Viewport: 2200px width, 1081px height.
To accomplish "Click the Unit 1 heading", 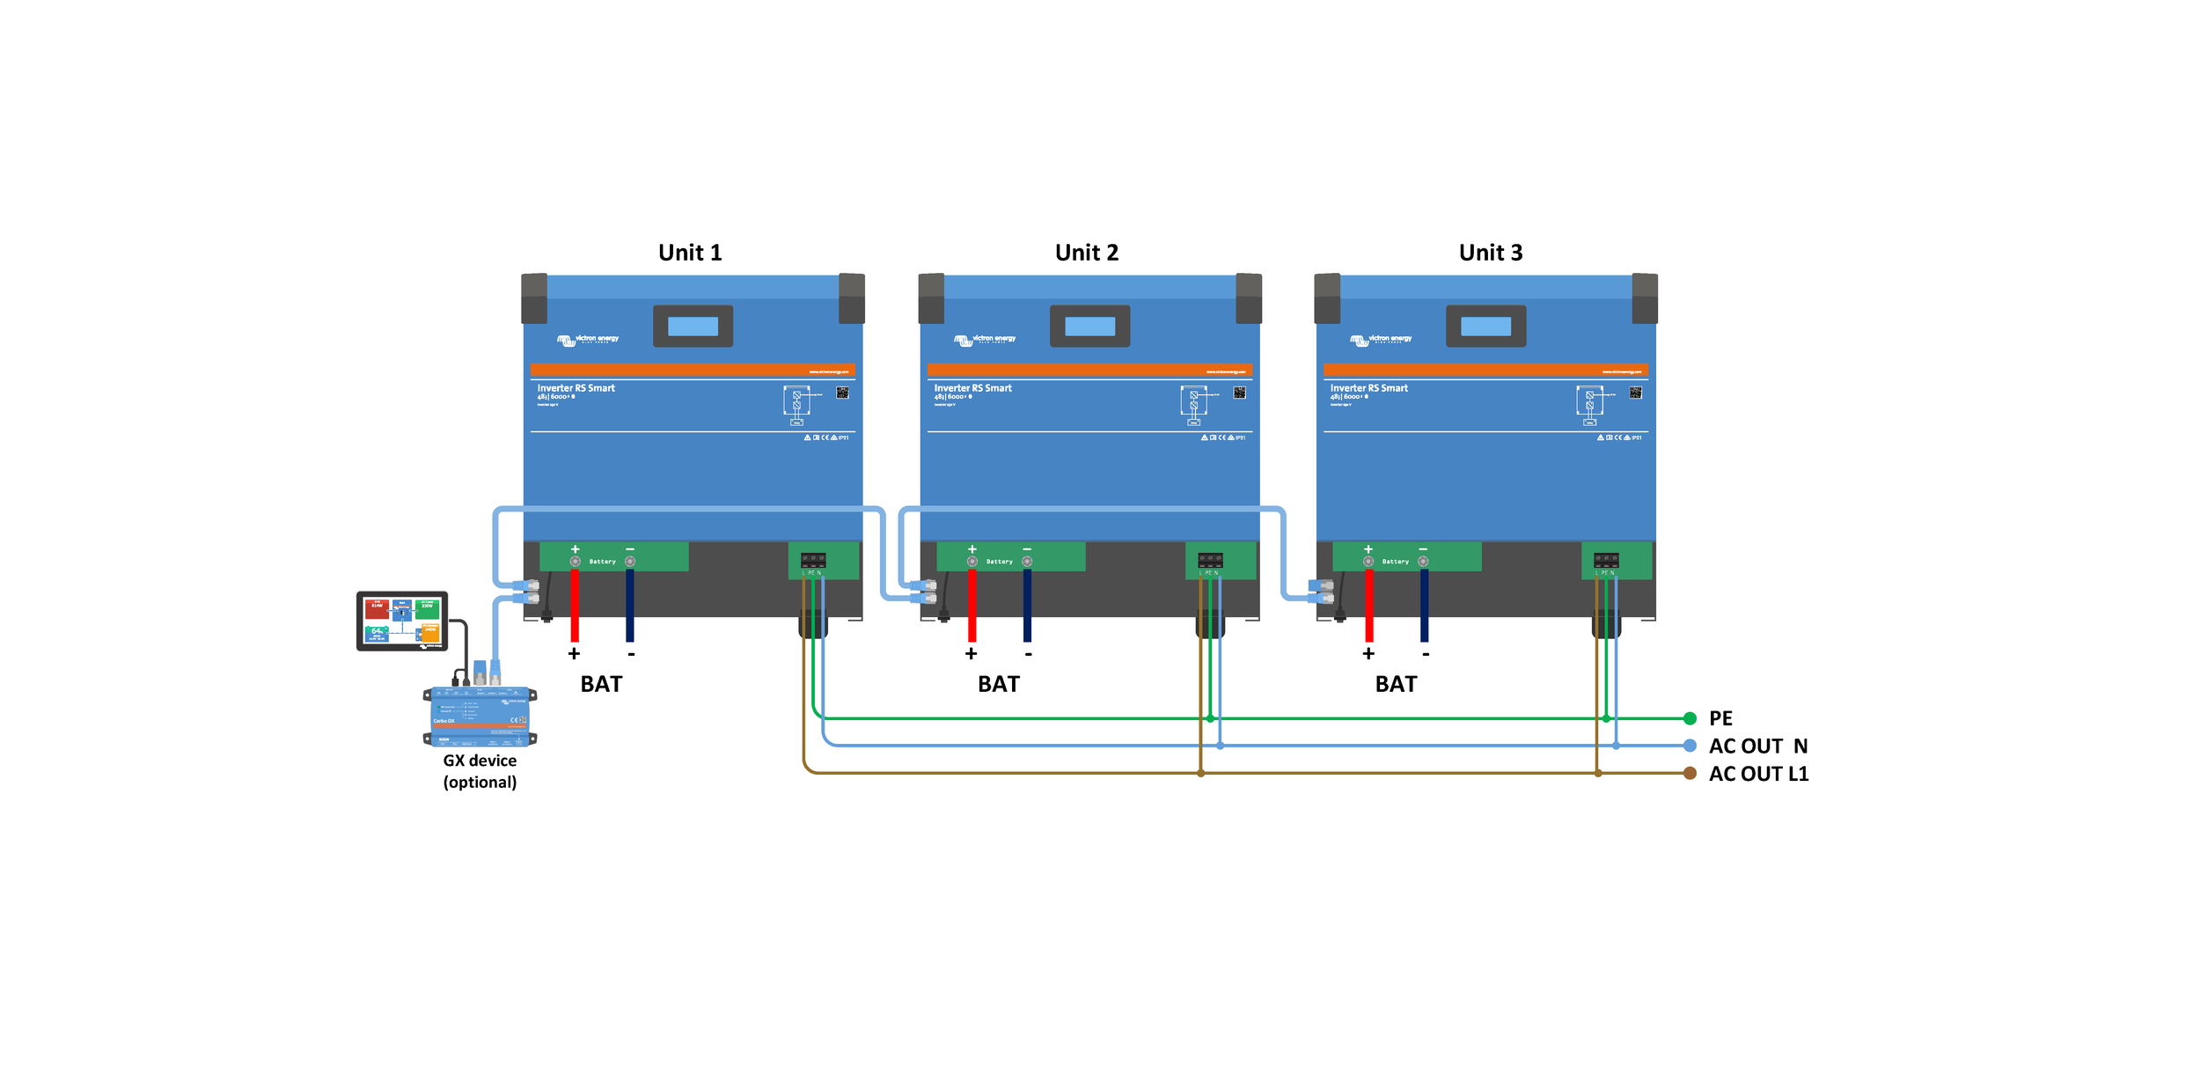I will pyautogui.click(x=690, y=253).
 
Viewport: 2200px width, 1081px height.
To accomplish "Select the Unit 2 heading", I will pyautogui.click(x=1087, y=253).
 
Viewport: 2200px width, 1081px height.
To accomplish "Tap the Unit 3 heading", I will pyautogui.click(x=1490, y=253).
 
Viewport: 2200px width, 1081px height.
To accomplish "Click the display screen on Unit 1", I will pyautogui.click(x=693, y=327).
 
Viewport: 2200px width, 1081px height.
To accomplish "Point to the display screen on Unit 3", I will pyautogui.click(x=1485, y=327).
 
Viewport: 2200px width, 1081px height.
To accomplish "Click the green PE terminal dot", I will pyautogui.click(x=1690, y=718).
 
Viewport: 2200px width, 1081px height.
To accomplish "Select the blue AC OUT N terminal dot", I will pyautogui.click(x=1690, y=746).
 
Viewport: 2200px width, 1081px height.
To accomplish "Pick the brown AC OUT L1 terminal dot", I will pyautogui.click(x=1690, y=773).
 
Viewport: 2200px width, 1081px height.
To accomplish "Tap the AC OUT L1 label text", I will pyautogui.click(x=1758, y=774).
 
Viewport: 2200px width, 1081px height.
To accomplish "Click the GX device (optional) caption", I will pyautogui.click(x=480, y=771).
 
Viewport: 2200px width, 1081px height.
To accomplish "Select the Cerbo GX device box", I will pyautogui.click(x=480, y=716).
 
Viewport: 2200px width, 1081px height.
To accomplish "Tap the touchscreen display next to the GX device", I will pyautogui.click(x=402, y=621).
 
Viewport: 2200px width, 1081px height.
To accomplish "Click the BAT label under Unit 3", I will pyautogui.click(x=1396, y=684).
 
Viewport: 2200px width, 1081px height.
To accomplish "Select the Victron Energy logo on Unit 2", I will pyautogui.click(x=985, y=339).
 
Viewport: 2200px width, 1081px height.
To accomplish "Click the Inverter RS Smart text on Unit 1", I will pyautogui.click(x=576, y=388).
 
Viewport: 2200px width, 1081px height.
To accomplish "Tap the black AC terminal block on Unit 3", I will pyautogui.click(x=1606, y=560).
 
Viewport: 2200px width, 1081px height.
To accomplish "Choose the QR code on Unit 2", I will pyautogui.click(x=1239, y=393).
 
